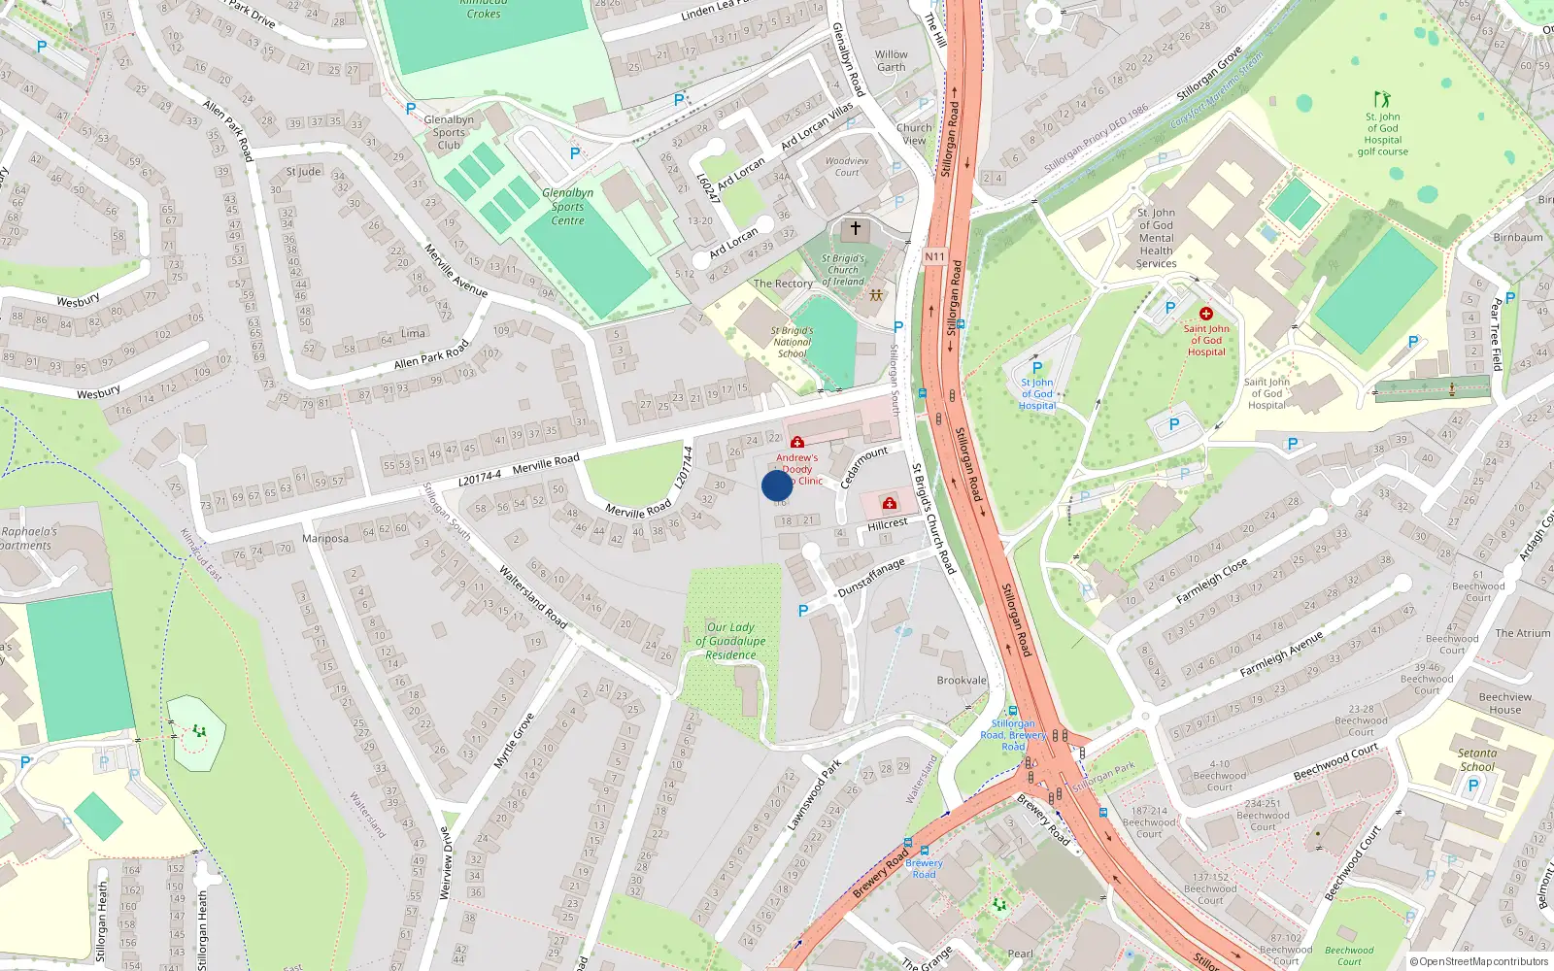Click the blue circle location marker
(x=777, y=485)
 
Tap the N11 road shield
(x=934, y=256)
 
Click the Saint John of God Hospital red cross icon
(x=1206, y=314)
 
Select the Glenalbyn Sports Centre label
(x=567, y=207)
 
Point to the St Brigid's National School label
(x=792, y=342)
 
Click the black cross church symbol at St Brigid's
(x=856, y=229)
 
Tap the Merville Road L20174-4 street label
(x=519, y=469)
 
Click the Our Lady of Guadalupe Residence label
(x=730, y=641)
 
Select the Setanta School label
(x=1476, y=759)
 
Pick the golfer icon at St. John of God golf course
(x=1382, y=99)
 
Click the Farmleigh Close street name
(x=1211, y=582)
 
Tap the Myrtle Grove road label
(x=514, y=741)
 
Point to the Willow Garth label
(x=891, y=61)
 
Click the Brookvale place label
(x=961, y=681)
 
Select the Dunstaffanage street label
(x=871, y=578)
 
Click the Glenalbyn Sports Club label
(x=449, y=133)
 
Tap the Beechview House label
(x=1504, y=703)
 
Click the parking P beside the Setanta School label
(x=1472, y=786)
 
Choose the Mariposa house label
(x=325, y=538)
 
